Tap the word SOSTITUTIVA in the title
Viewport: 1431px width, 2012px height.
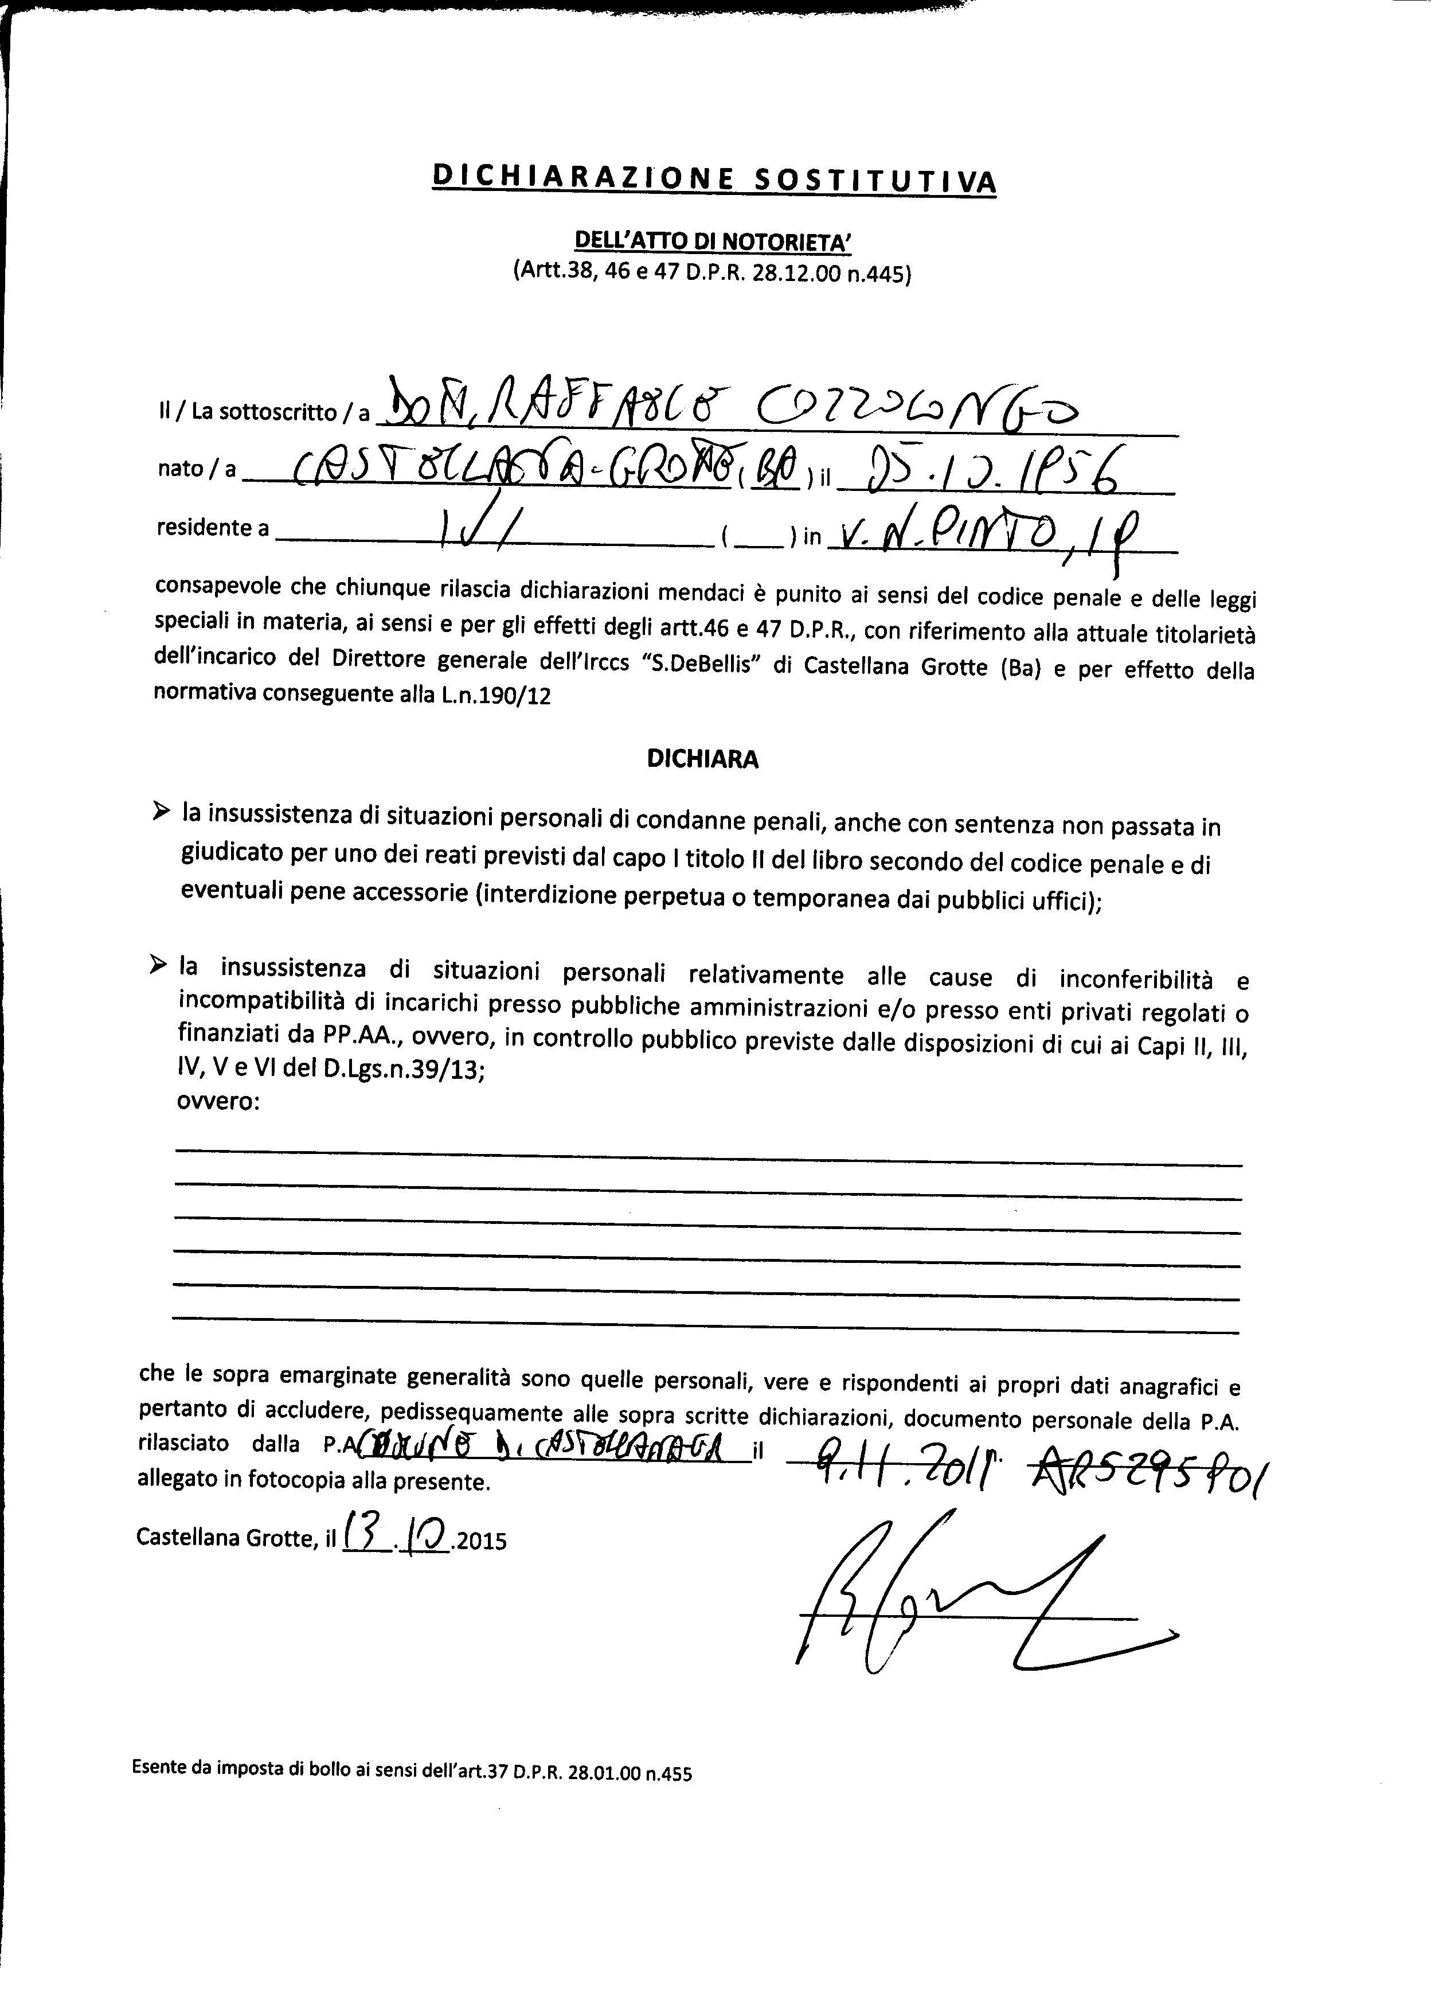[x=877, y=181]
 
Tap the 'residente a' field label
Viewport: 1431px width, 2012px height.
[x=212, y=527]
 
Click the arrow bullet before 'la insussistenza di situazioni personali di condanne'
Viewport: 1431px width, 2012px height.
[x=161, y=809]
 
